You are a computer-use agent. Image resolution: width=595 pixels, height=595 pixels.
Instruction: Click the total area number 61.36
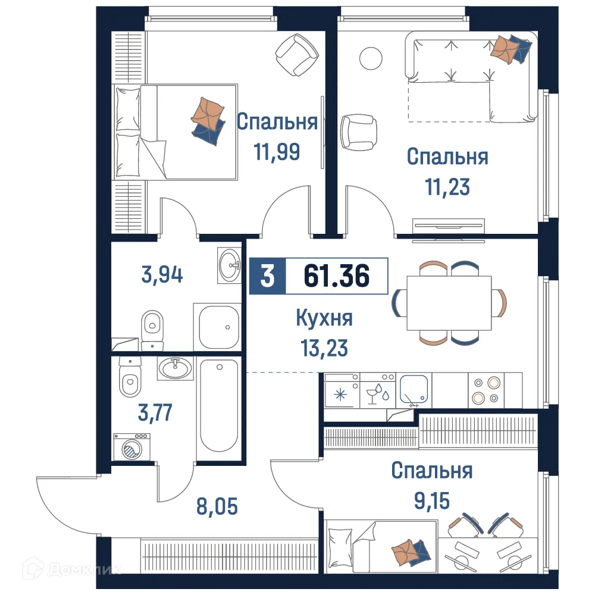pos(336,276)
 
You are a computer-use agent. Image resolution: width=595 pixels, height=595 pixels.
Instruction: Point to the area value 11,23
pos(447,187)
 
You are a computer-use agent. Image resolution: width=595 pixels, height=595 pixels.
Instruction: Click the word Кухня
pos(324,318)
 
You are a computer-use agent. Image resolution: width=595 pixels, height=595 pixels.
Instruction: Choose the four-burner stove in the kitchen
pos(486,390)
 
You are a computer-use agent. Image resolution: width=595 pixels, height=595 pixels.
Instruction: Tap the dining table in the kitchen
pos(449,303)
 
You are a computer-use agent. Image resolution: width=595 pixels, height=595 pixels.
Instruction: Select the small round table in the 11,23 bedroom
pos(370,58)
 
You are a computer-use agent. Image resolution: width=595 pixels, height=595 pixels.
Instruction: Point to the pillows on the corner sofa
pos(509,48)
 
